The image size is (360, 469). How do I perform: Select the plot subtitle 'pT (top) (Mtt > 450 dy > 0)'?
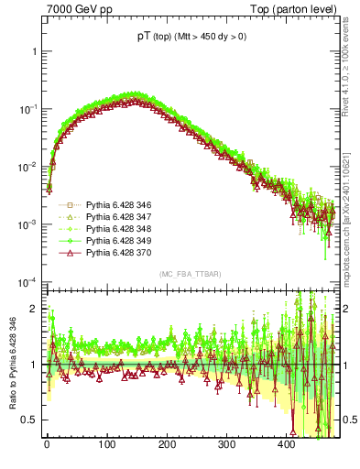[192, 38]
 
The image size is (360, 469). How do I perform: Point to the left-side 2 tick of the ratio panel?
[34, 309]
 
